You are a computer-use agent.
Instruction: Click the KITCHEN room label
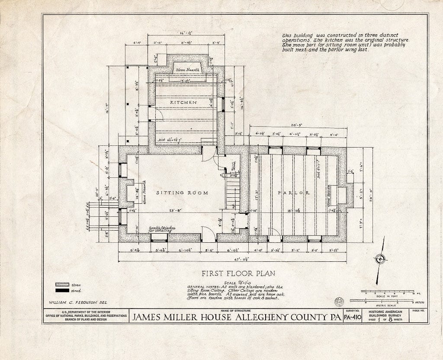(x=183, y=103)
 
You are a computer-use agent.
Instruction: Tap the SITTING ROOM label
(x=182, y=193)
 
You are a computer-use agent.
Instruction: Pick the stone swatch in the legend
(x=62, y=284)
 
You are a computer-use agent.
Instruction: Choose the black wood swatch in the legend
(x=62, y=291)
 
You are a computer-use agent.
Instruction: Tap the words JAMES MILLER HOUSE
(x=189, y=318)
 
